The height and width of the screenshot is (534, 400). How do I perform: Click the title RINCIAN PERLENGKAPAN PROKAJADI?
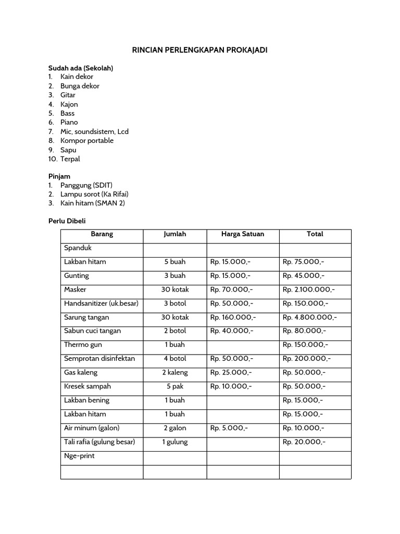[200, 50]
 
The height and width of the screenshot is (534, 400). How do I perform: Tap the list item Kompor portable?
[86, 141]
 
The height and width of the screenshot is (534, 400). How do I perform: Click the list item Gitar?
[68, 95]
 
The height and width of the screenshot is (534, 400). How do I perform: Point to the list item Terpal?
[70, 159]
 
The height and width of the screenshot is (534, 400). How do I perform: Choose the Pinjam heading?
[59, 176]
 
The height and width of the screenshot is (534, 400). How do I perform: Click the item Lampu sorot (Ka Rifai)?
[94, 195]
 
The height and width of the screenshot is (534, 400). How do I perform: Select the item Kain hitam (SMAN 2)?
[92, 203]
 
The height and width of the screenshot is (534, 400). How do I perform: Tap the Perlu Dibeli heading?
[67, 221]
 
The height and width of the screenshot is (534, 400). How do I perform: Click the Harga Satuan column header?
[242, 234]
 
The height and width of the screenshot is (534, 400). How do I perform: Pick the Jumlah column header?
[174, 234]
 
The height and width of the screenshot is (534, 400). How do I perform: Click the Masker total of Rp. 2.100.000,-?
[308, 289]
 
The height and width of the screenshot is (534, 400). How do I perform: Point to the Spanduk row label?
[78, 248]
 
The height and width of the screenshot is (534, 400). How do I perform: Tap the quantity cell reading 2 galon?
[174, 428]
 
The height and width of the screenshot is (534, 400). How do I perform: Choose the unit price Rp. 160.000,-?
[233, 317]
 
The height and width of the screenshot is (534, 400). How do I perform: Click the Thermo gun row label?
[83, 345]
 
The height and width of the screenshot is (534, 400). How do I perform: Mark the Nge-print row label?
[79, 456]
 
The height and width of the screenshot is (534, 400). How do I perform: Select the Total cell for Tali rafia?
[304, 442]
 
